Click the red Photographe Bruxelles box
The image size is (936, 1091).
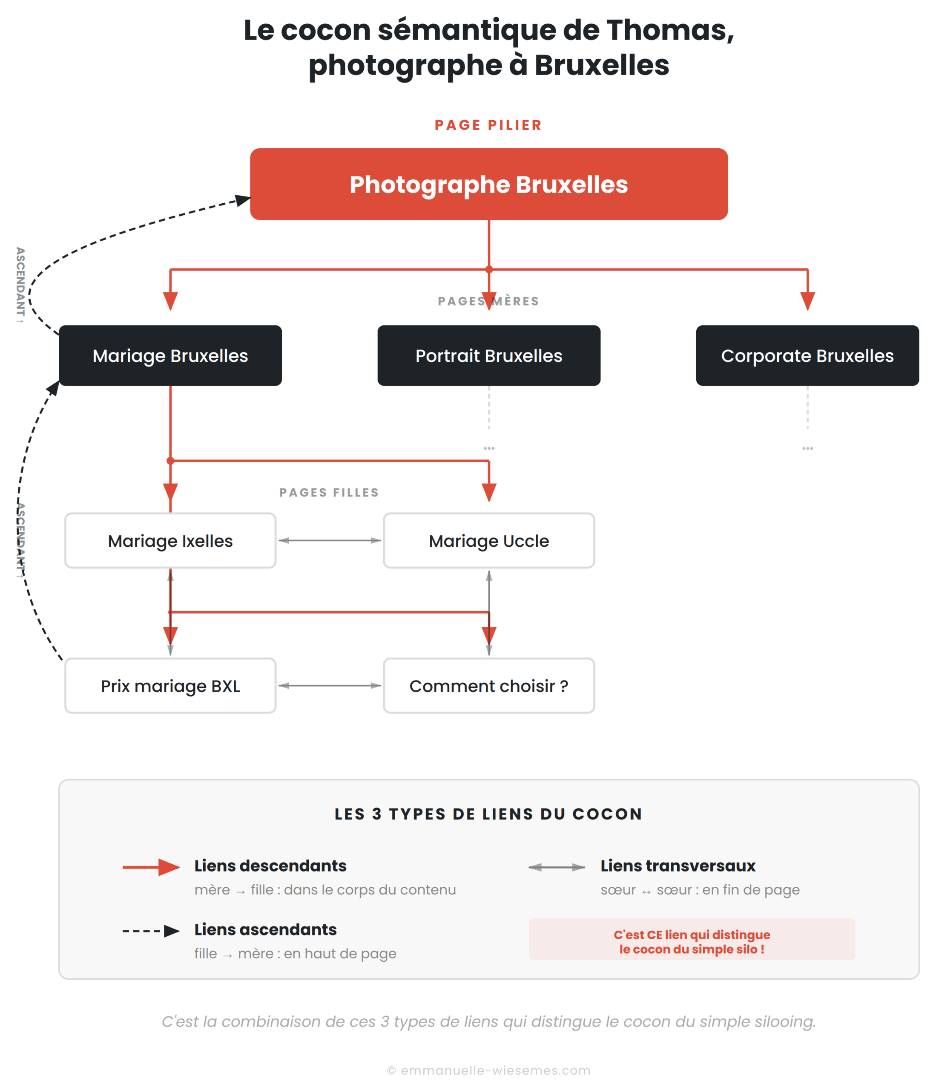click(x=488, y=184)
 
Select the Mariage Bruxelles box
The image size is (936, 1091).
click(x=170, y=355)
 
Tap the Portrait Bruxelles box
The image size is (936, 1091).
click(x=488, y=355)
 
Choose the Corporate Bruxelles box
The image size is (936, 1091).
click(x=807, y=355)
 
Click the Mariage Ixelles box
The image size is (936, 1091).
click(x=170, y=541)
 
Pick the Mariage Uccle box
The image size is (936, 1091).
click(x=488, y=541)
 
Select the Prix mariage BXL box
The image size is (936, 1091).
click(x=170, y=686)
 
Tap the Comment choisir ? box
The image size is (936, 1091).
click(x=488, y=686)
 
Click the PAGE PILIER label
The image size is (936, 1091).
click(x=488, y=125)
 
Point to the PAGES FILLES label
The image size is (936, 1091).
click(x=329, y=492)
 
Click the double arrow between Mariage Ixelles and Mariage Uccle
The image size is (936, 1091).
click(x=329, y=540)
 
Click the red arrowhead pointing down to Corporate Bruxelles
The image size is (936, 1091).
click(x=807, y=301)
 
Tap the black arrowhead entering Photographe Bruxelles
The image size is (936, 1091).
click(x=243, y=200)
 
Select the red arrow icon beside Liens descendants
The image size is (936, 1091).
click(x=152, y=867)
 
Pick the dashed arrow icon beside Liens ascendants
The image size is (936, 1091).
click(x=152, y=931)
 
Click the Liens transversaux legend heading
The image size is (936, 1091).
click(x=678, y=866)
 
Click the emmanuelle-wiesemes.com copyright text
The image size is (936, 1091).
click(x=488, y=1071)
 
